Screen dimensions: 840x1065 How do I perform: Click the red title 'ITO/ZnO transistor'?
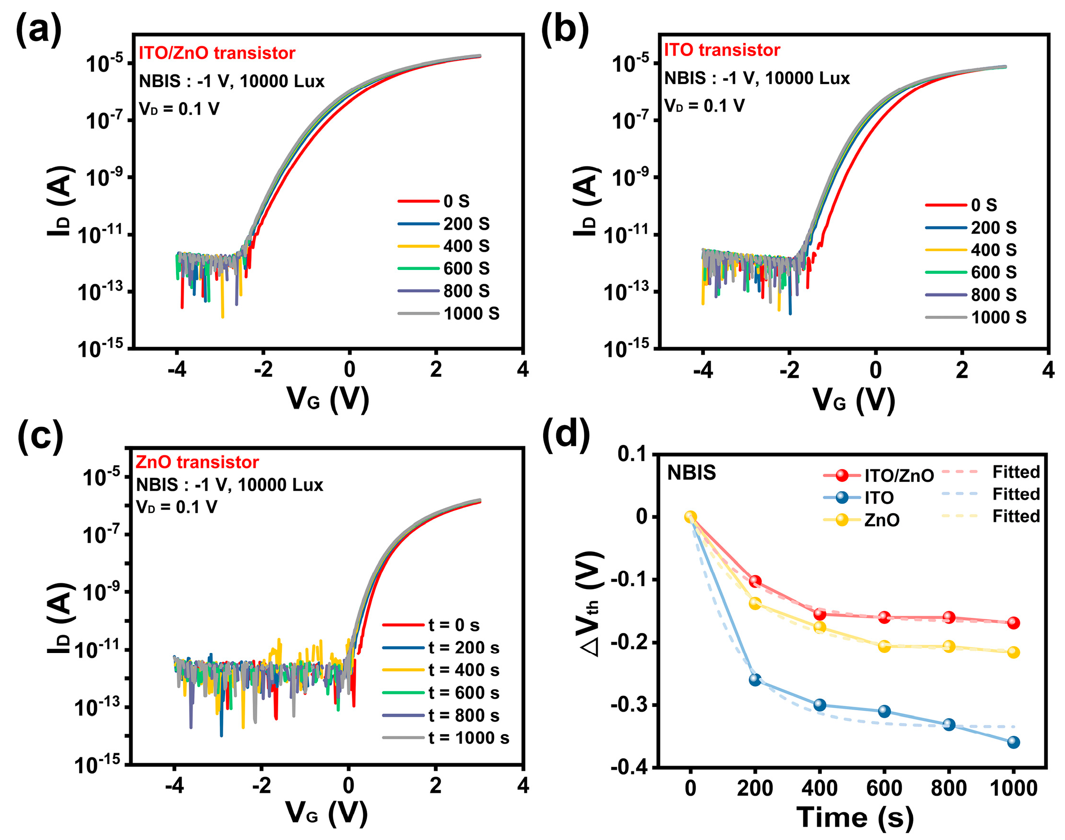(217, 53)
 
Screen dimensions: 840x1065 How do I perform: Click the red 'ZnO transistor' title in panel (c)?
(196, 462)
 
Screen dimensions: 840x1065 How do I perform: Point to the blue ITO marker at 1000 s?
(1013, 742)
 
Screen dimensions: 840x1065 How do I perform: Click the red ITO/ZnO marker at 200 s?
(755, 581)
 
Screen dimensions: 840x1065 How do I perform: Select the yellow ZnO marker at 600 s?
(884, 646)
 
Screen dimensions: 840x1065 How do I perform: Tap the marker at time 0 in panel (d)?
(690, 517)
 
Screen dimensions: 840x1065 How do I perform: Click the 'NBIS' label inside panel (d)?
(691, 473)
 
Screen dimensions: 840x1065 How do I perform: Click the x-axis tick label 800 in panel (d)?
(949, 788)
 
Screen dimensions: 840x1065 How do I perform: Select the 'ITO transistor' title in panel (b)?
(722, 50)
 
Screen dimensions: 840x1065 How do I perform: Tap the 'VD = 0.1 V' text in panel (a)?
(179, 109)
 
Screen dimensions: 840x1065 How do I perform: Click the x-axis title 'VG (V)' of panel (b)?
(854, 399)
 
